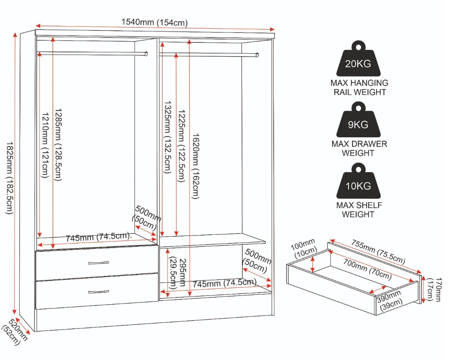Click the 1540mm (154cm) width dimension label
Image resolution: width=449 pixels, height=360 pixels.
click(155, 22)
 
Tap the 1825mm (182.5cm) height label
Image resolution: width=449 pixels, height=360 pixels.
click(10, 178)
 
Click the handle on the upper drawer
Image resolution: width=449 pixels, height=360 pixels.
click(98, 263)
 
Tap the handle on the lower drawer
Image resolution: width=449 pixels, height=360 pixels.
click(98, 292)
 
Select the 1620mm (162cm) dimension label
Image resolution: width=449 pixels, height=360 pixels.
click(196, 166)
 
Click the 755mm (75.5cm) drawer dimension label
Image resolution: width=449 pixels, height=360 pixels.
click(379, 252)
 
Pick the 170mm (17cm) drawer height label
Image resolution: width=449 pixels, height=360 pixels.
click(434, 289)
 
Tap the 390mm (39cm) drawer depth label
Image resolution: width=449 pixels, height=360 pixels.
click(390, 300)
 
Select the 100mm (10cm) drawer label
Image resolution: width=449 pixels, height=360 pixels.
click(304, 249)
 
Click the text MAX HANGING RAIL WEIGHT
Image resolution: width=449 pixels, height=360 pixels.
click(359, 87)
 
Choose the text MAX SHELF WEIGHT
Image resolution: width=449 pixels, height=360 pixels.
click(359, 210)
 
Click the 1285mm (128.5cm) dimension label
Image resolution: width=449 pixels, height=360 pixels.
click(58, 144)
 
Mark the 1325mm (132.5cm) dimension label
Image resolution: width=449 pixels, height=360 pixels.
click(167, 137)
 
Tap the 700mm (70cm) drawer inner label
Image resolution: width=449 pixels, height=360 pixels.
click(368, 269)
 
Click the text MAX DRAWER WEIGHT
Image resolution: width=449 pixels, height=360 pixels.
click(359, 148)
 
